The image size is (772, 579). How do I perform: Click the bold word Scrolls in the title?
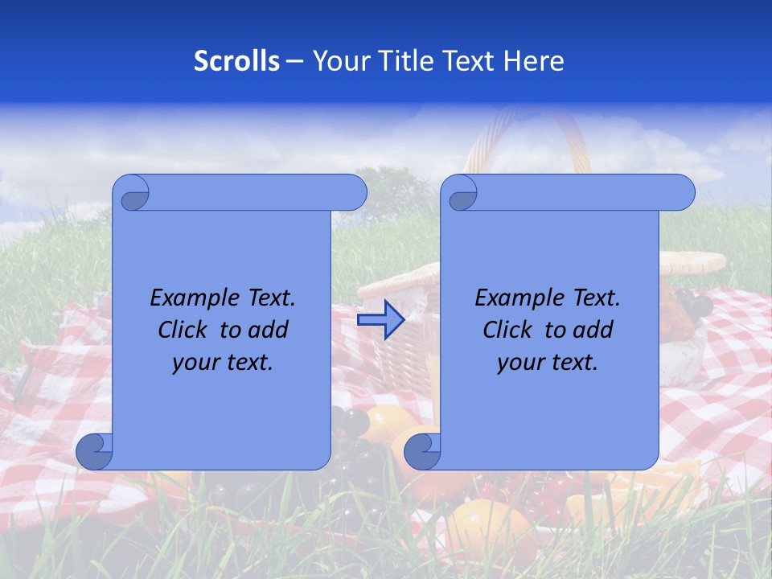pyautogui.click(x=236, y=60)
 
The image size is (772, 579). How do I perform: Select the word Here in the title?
pyautogui.click(x=534, y=60)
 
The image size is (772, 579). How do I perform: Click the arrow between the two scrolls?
pyautogui.click(x=380, y=320)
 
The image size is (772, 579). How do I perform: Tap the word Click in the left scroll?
pyautogui.click(x=185, y=330)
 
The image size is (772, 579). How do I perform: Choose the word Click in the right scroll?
pyautogui.click(x=510, y=330)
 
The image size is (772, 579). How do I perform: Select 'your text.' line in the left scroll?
pyautogui.click(x=223, y=363)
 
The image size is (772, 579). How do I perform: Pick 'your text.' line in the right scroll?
pyautogui.click(x=548, y=363)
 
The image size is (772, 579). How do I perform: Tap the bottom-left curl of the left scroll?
pyautogui.click(x=94, y=452)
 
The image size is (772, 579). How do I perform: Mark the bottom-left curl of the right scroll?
pyautogui.click(x=422, y=452)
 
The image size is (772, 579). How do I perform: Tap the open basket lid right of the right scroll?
pyautogui.click(x=692, y=262)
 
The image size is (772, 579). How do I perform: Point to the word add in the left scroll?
pyautogui.click(x=268, y=330)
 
